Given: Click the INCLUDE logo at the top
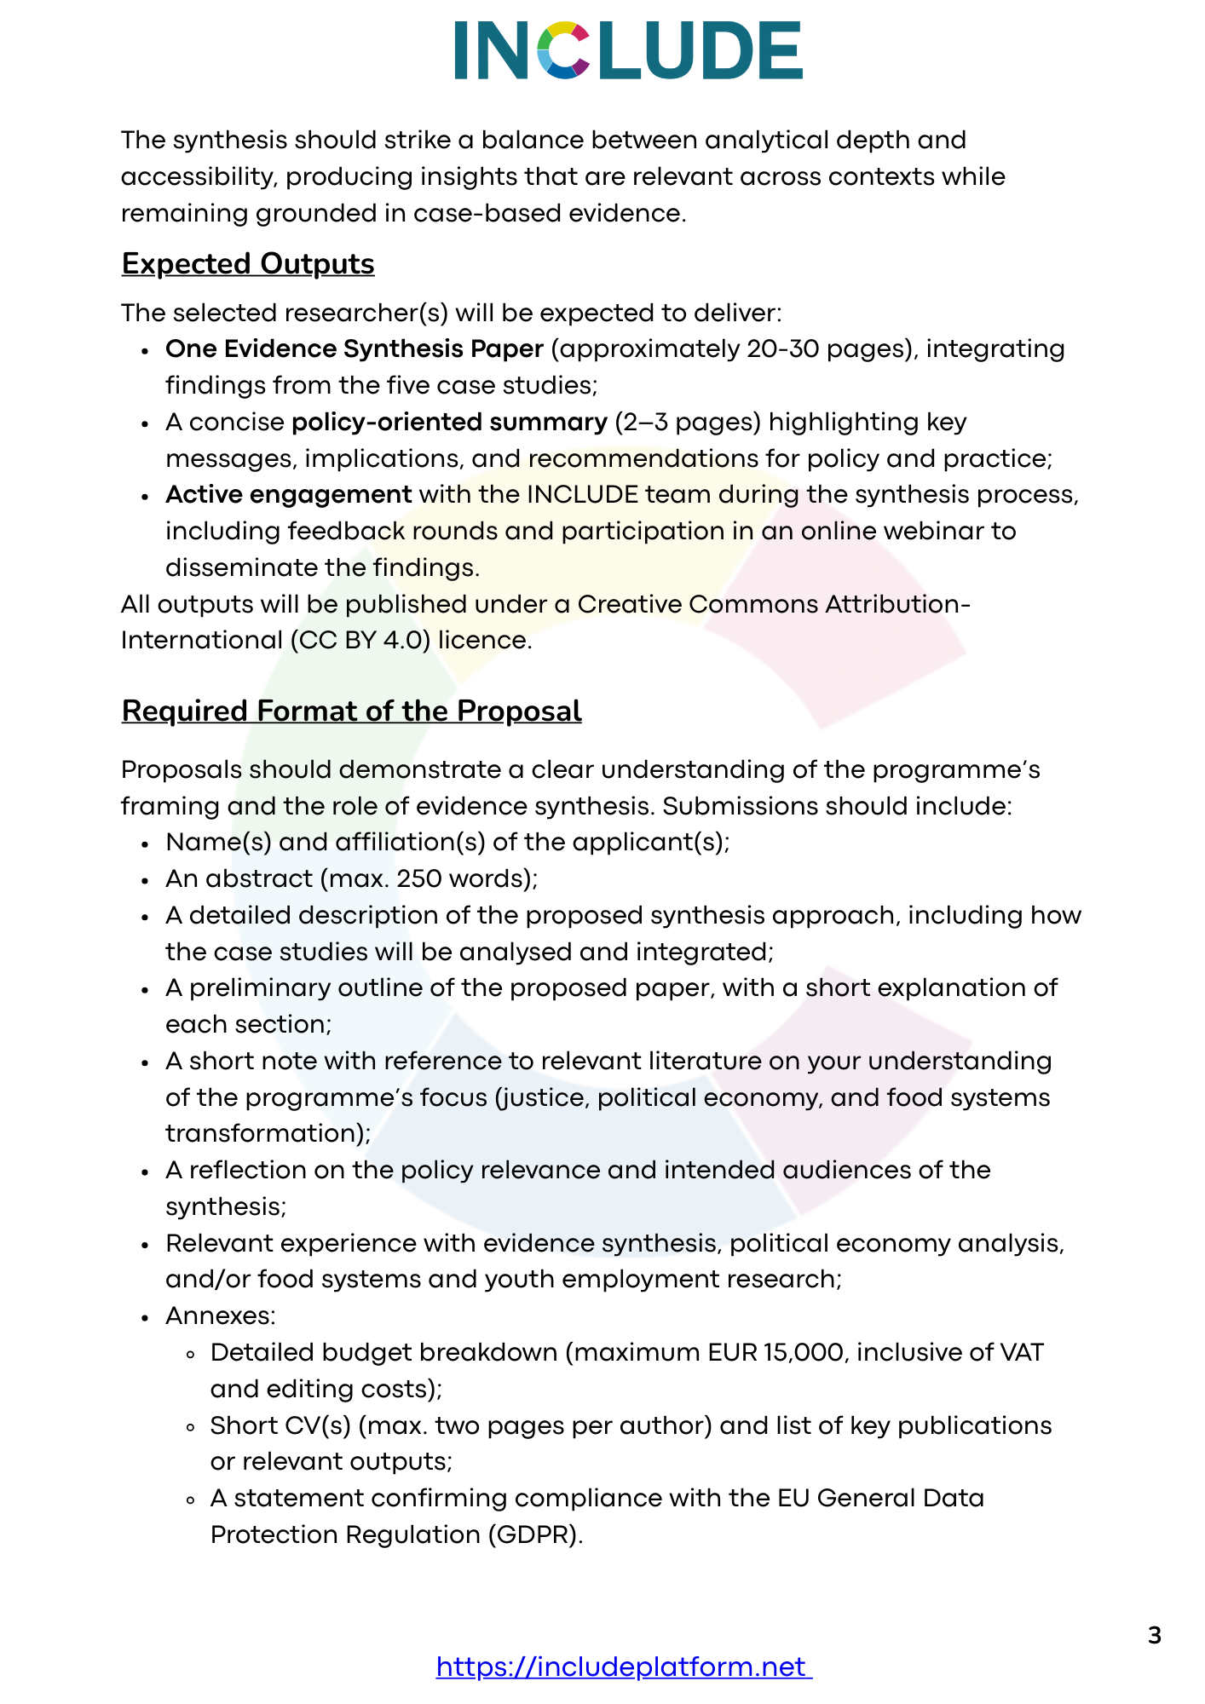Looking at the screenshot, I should tap(628, 50).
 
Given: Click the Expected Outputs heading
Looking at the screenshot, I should tap(248, 264).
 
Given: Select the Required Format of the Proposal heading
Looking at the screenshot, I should tap(351, 711).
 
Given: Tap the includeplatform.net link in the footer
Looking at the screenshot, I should tap(624, 1667).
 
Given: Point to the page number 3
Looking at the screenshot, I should tap(1155, 1636).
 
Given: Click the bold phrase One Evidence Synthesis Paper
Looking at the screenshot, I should tap(355, 349).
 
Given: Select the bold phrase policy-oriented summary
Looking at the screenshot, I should tap(449, 423).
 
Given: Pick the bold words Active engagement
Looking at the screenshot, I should tap(289, 495).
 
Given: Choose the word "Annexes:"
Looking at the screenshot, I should tap(221, 1316).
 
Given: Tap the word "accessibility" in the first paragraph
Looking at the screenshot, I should tap(199, 177).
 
